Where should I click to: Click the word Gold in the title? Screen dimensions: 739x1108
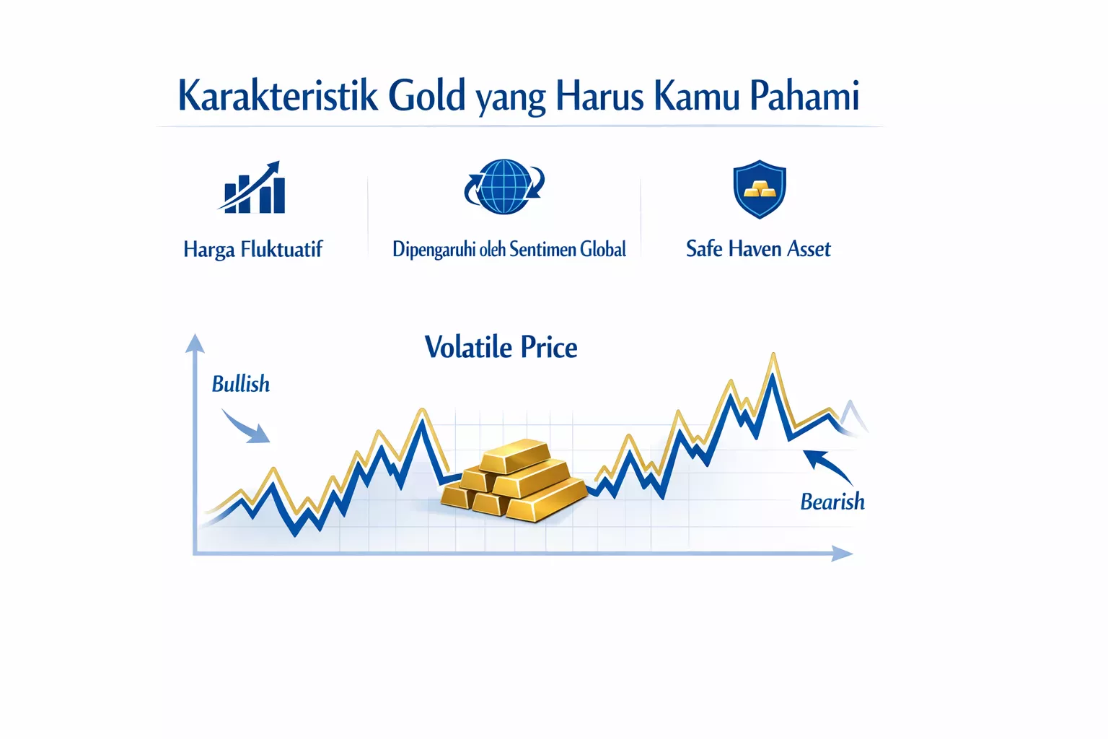tap(426, 95)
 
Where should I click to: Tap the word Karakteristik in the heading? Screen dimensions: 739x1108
tap(278, 95)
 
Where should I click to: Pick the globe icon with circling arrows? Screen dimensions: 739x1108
tap(504, 187)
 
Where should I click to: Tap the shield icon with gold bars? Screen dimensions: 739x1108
tap(759, 189)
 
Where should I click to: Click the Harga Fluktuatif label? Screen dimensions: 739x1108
tap(252, 250)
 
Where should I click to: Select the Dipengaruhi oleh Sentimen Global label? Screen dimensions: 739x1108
tap(509, 250)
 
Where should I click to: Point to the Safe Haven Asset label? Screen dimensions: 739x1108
tap(758, 249)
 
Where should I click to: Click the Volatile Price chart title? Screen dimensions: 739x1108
tap(501, 348)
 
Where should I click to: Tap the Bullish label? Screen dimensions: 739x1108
tap(241, 384)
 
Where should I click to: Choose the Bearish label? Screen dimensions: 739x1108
tap(832, 502)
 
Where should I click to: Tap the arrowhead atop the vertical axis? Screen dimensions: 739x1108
tap(195, 343)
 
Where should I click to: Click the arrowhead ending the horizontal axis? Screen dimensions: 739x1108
tap(842, 554)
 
